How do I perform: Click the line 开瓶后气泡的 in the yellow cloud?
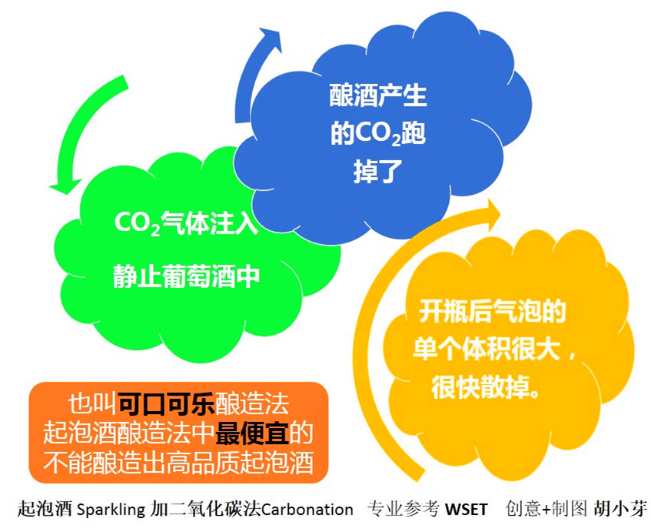(492, 312)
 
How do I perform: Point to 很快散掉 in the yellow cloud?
(480, 386)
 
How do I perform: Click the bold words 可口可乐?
(166, 402)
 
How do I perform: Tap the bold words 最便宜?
(252, 433)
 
